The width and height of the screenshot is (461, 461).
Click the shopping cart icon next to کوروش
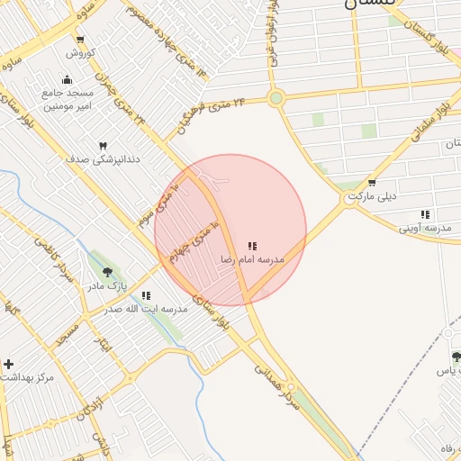(81, 39)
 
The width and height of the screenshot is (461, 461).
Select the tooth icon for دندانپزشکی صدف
(103, 145)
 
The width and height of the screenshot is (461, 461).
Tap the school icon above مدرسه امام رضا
(253, 245)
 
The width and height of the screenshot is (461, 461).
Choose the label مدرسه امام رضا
(252, 259)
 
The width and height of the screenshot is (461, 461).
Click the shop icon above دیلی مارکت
(372, 182)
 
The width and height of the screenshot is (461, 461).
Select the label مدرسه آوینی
(425, 229)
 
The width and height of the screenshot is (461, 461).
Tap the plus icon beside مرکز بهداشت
(9, 364)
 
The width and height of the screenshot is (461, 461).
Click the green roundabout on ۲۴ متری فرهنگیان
(276, 98)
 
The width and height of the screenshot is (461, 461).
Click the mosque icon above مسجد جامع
(68, 78)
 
